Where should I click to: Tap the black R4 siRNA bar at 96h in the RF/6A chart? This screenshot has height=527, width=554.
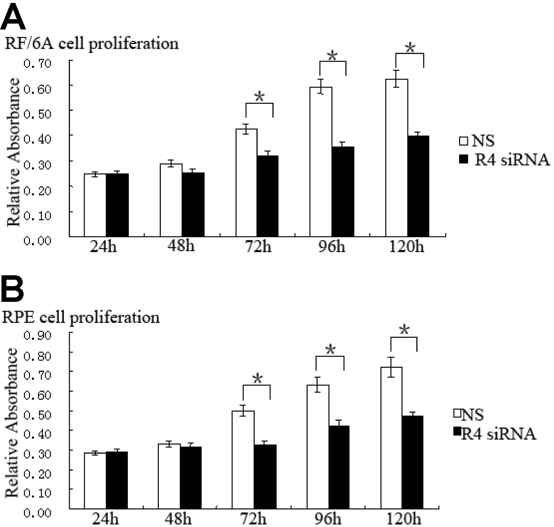[x=343, y=192]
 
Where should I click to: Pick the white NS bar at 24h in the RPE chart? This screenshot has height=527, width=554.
[x=95, y=480]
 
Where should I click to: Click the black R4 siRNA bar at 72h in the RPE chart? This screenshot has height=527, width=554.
[x=265, y=476]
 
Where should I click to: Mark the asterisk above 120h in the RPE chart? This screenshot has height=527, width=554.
[x=404, y=330]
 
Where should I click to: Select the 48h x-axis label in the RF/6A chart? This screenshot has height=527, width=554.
[x=181, y=246]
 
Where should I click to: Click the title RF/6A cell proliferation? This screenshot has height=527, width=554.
[x=91, y=43]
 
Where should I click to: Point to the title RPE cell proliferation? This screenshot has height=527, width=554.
[x=82, y=317]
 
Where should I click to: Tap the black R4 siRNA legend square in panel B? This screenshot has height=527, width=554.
[x=457, y=431]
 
